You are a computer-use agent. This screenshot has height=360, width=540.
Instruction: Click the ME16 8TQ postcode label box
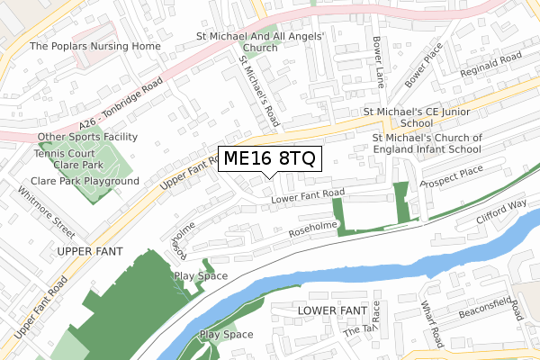pos(269,159)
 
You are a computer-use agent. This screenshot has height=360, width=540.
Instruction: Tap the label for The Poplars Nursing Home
pos(95,46)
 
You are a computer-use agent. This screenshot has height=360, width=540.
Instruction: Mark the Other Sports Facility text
pos(87,137)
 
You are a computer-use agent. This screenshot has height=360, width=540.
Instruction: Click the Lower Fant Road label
pos(308,193)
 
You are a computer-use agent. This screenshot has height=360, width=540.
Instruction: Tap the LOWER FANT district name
pos(330,310)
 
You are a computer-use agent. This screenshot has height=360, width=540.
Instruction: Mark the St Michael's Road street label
pos(258,88)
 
